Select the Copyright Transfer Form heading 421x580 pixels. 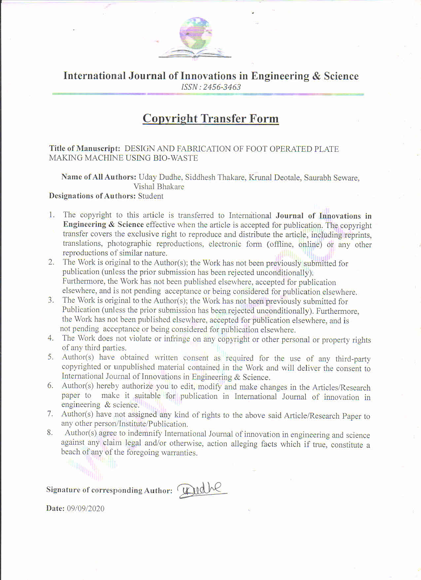[211, 118]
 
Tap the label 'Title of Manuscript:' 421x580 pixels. [85, 148]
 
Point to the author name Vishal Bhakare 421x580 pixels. [159, 186]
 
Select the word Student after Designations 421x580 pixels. [151, 196]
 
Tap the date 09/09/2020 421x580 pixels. [86, 509]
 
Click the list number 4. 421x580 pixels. [51, 338]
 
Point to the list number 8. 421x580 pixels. [50, 433]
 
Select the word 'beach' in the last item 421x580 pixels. [71, 452]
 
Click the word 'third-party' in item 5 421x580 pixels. [353, 359]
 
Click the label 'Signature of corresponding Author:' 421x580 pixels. [109, 490]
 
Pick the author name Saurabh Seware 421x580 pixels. [332, 178]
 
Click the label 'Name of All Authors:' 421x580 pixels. [99, 177]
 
